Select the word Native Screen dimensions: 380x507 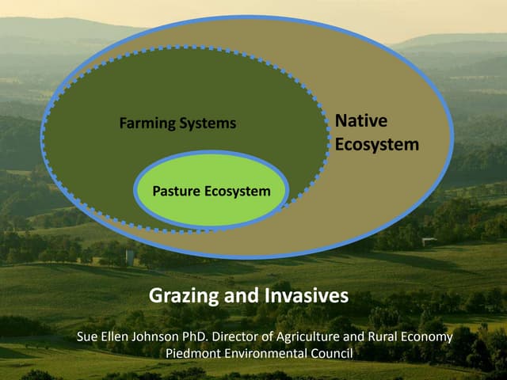tap(361, 121)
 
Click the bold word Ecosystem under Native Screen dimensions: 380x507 tap(377, 145)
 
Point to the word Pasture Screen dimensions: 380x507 tap(176, 192)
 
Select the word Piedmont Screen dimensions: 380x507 tap(193, 353)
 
